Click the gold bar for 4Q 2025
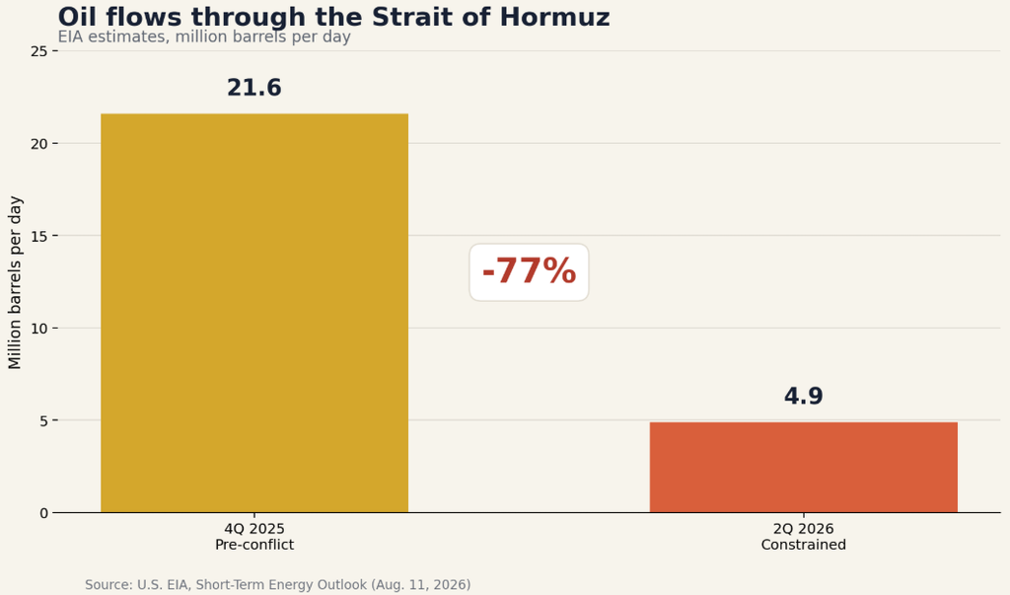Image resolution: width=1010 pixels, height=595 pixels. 254,314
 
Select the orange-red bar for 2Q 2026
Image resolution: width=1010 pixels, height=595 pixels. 803,468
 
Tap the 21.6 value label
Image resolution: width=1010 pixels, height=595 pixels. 254,88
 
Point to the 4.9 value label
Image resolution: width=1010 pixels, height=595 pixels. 803,396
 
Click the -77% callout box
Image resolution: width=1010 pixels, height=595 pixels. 529,272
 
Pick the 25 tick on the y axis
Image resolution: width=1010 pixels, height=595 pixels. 39,51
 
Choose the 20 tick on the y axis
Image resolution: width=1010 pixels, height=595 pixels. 39,144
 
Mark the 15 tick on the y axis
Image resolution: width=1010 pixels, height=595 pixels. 39,236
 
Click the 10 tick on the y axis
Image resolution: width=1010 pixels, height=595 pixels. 39,329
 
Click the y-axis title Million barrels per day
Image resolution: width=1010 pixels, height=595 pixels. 15,282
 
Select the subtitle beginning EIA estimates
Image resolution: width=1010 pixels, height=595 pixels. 204,37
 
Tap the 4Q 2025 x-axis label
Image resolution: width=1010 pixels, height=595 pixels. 254,529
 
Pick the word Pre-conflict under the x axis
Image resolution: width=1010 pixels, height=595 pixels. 254,545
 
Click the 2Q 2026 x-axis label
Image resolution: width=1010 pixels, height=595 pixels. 803,529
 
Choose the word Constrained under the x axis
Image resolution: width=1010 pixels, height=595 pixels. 803,545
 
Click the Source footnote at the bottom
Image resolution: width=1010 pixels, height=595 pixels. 277,585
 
